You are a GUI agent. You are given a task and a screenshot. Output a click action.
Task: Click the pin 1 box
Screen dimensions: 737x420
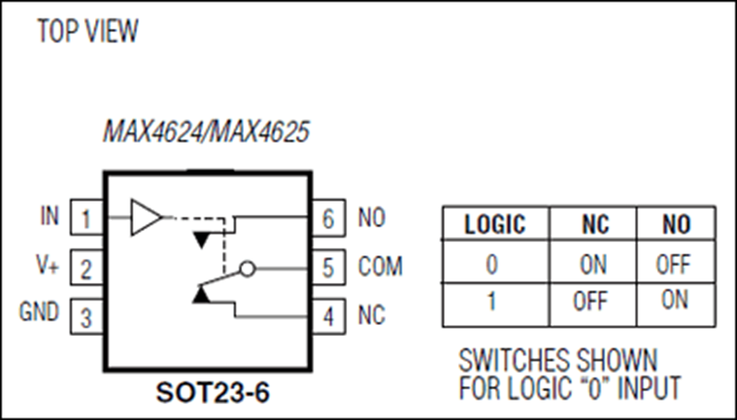point(87,217)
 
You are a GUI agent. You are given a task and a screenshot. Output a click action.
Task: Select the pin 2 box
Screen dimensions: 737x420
point(87,267)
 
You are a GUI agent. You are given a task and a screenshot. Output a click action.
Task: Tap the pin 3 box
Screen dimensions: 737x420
point(87,316)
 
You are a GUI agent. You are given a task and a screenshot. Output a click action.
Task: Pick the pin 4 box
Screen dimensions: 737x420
point(328,316)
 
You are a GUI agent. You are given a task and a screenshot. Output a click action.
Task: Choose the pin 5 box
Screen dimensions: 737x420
point(328,267)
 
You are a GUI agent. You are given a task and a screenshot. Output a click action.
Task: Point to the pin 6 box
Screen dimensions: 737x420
point(328,217)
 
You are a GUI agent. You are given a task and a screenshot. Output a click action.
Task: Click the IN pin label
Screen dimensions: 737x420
point(50,216)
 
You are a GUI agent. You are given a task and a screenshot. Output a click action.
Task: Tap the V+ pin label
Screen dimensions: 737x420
point(47,265)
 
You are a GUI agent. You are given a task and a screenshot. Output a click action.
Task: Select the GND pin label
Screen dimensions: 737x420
point(39,312)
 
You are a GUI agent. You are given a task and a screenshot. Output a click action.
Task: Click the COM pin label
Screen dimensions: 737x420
point(380,267)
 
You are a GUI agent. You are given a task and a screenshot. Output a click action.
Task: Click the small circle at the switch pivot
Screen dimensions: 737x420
point(247,269)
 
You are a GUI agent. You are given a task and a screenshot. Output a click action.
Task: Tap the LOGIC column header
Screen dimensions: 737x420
point(495,224)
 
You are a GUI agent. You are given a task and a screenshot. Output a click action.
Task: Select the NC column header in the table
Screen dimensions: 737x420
point(596,224)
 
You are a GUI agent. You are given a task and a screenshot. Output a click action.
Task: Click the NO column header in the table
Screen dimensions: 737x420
point(676,224)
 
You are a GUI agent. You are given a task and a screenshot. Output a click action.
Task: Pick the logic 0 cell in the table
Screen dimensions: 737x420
point(492,264)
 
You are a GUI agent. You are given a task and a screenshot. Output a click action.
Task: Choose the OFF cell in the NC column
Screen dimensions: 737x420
point(591,302)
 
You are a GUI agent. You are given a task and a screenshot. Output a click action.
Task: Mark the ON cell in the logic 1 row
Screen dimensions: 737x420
point(675,299)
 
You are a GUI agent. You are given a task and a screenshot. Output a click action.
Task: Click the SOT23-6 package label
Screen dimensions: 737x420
point(213,392)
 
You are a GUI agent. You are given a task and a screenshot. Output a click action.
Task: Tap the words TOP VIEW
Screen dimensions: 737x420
point(87,31)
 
